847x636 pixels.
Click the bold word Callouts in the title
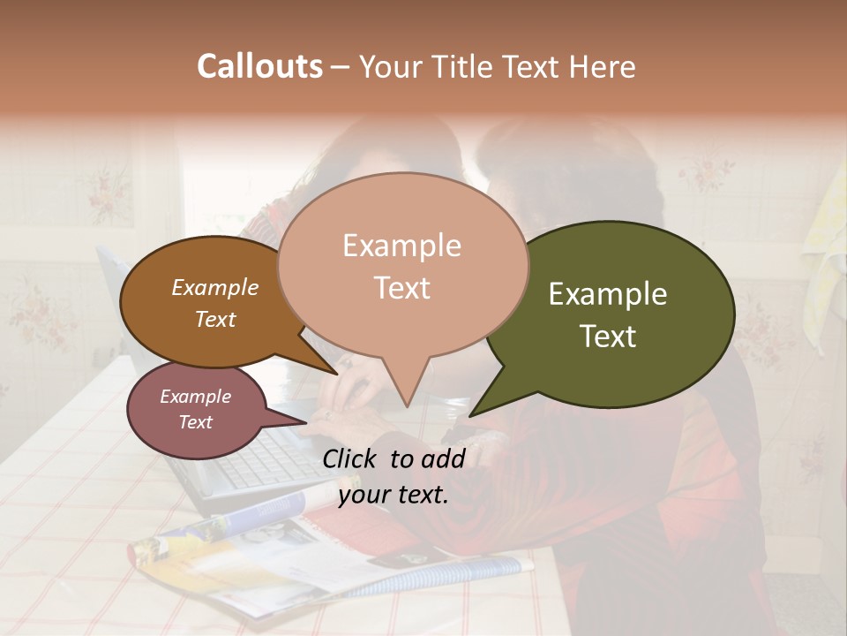pyautogui.click(x=259, y=66)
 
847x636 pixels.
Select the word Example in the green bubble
pyautogui.click(x=608, y=294)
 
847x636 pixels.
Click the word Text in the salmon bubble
pyautogui.click(x=402, y=288)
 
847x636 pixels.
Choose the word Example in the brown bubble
pyautogui.click(x=215, y=287)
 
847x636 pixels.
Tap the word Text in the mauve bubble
pyautogui.click(x=196, y=422)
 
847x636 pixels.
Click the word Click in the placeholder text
pyautogui.click(x=352, y=458)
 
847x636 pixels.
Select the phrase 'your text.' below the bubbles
pyautogui.click(x=394, y=495)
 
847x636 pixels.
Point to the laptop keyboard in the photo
pyautogui.click(x=265, y=459)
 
